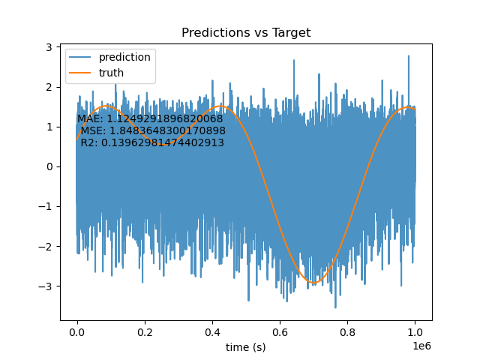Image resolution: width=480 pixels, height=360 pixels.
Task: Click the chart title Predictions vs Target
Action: tap(246, 32)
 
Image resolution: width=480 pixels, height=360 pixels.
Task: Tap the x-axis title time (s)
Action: tap(246, 347)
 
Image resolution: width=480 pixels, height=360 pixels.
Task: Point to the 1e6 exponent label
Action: tap(421, 346)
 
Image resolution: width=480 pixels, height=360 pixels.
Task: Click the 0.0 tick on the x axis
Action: tap(77, 332)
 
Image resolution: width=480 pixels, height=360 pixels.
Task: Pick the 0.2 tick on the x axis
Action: tap(145, 332)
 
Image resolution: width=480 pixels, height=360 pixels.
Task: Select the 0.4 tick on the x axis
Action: tap(212, 332)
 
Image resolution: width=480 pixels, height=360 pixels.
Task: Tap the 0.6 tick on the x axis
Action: tap(280, 332)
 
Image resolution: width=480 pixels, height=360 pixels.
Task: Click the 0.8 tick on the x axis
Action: tap(347, 332)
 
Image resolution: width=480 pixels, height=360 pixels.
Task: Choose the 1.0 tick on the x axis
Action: tap(415, 332)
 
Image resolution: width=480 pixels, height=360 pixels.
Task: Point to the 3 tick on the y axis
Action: tap(49, 47)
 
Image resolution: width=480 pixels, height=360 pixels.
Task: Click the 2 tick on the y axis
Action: tap(49, 87)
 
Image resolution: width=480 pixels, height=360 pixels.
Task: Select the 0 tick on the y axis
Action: tap(49, 166)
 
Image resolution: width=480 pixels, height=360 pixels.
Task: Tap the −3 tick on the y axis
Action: tap(45, 286)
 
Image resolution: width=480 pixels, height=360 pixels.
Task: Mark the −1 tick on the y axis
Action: tap(45, 207)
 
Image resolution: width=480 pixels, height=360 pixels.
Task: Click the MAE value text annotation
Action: tap(150, 118)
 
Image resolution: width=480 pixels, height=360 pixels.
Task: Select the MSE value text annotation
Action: tap(153, 130)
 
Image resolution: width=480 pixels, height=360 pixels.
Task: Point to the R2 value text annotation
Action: tap(152, 142)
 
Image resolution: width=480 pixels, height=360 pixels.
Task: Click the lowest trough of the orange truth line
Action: tap(313, 283)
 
